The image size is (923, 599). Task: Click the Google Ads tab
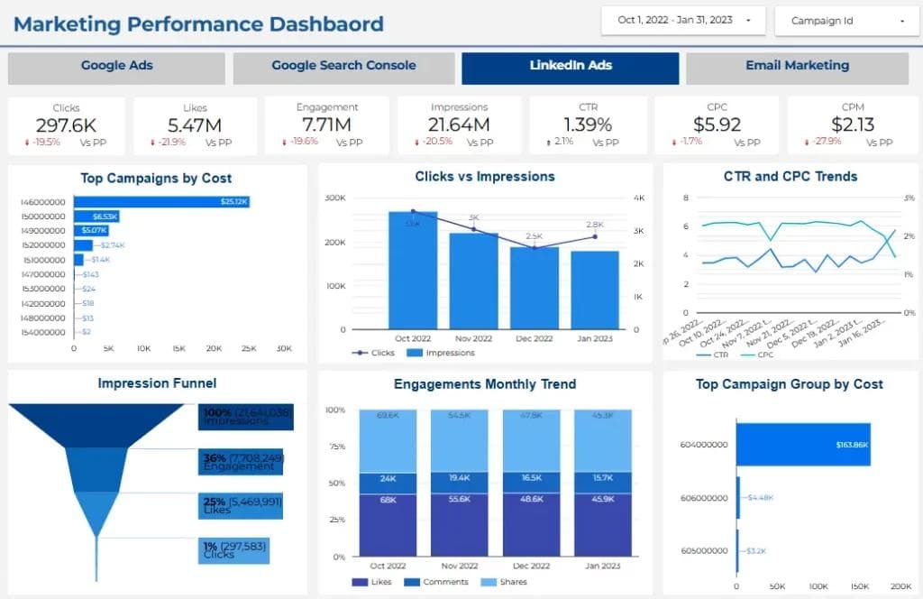(116, 66)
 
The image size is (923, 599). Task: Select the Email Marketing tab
(797, 66)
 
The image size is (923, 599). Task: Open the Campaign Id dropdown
(845, 21)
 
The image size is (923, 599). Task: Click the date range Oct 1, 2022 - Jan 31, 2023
(682, 20)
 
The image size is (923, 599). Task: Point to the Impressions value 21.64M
(459, 124)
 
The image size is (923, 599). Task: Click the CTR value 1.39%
(587, 124)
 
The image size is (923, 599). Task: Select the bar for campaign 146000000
(161, 202)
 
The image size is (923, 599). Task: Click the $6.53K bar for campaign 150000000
(96, 217)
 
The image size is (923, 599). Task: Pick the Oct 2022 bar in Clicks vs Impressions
(413, 271)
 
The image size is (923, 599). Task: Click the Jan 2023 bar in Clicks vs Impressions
(595, 290)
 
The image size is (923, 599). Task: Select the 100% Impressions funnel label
(246, 417)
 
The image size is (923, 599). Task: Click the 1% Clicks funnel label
(234, 550)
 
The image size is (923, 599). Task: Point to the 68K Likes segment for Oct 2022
(388, 524)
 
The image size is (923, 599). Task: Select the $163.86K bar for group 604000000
(803, 445)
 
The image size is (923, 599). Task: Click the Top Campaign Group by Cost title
(789, 384)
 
